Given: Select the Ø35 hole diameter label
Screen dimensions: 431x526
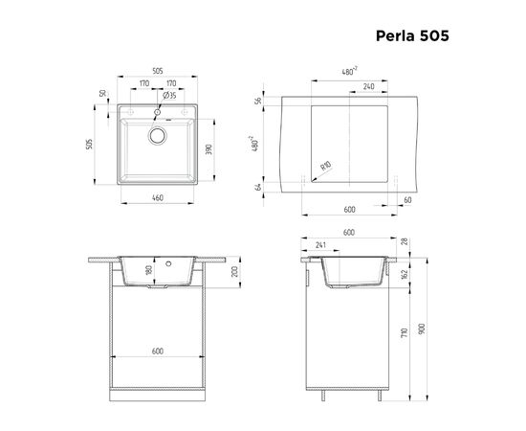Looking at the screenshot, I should [167, 96].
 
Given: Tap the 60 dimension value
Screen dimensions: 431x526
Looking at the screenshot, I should [407, 199].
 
